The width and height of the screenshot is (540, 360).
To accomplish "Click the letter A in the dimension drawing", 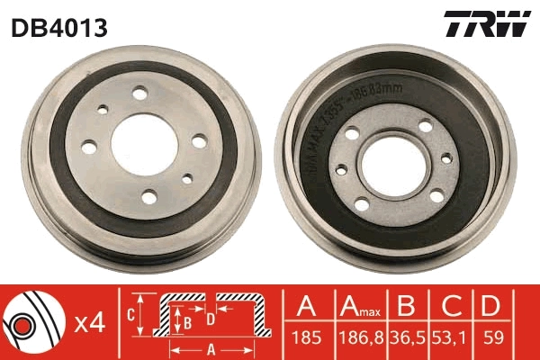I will coord(211,349).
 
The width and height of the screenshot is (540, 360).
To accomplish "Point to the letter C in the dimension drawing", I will coord(131,313).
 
